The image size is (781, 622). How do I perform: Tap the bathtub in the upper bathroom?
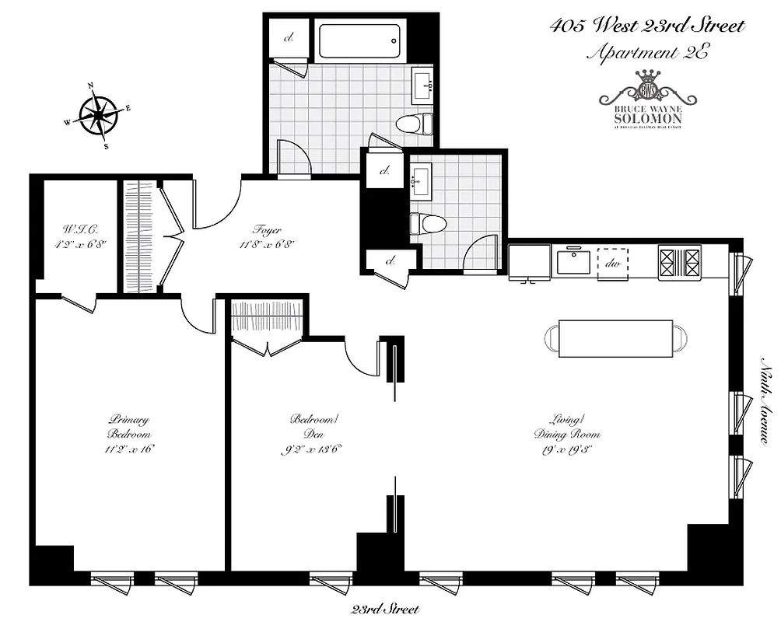[359, 40]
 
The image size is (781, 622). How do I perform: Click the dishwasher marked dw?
[611, 262]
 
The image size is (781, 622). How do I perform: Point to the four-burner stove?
[679, 262]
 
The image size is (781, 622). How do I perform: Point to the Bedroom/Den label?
[313, 434]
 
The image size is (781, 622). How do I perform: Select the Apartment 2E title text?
[648, 53]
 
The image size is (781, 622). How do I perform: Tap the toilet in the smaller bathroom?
[427, 224]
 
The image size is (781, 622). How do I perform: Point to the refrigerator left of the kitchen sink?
[529, 262]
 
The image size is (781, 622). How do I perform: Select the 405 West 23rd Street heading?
[647, 26]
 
